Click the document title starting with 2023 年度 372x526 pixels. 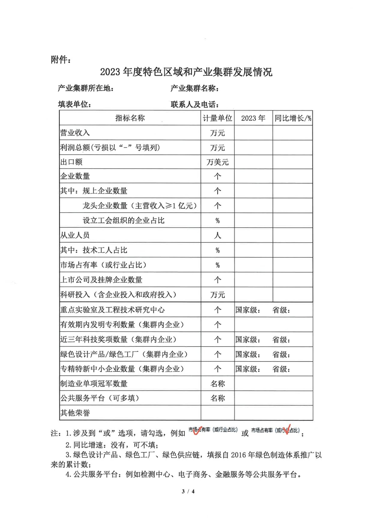click(186, 72)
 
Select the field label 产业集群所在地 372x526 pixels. click(85, 89)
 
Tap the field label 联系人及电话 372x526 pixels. click(194, 104)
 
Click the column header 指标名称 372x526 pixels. click(130, 118)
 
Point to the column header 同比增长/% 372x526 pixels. click(293, 118)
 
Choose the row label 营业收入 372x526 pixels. click(75, 133)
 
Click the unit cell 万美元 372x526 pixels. click(217, 162)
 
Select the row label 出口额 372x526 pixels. click(71, 162)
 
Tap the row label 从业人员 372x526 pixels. click(75, 235)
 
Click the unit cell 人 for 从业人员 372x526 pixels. click(217, 235)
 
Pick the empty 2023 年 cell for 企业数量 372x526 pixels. click(253, 176)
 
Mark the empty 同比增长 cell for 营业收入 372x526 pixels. click(292, 133)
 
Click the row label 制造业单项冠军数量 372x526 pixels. click(94, 384)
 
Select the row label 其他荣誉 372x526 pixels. click(75, 413)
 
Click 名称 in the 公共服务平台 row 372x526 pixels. click(217, 398)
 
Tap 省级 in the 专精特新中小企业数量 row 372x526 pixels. click(281, 369)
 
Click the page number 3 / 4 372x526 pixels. click(188, 491)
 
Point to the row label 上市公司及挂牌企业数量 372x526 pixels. click(101, 280)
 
